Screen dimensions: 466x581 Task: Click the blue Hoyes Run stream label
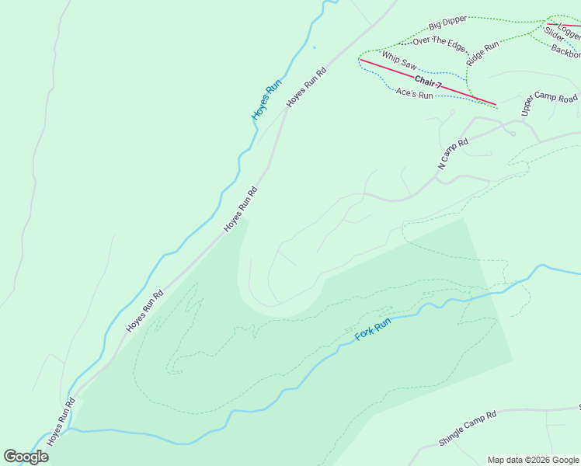pyautogui.click(x=266, y=100)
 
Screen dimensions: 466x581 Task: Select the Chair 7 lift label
pyautogui.click(x=428, y=81)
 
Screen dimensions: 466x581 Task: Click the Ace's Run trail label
pyautogui.click(x=414, y=94)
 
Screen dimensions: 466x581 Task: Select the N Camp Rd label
pyautogui.click(x=454, y=154)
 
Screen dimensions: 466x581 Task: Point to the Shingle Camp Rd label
pyautogui.click(x=467, y=429)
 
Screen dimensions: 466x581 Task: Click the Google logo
pyautogui.click(x=26, y=457)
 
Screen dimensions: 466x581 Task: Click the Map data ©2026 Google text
pyautogui.click(x=532, y=460)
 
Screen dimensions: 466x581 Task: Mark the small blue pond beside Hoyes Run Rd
pyautogui.click(x=314, y=47)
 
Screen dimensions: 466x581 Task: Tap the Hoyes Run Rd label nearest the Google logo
pyautogui.click(x=61, y=422)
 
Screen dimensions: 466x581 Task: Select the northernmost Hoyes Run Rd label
pyautogui.click(x=306, y=87)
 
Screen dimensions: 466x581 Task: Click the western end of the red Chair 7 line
pyautogui.click(x=360, y=59)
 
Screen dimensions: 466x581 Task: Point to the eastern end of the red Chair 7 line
pyautogui.click(x=496, y=104)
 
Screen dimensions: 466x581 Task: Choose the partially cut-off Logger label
pyautogui.click(x=569, y=33)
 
